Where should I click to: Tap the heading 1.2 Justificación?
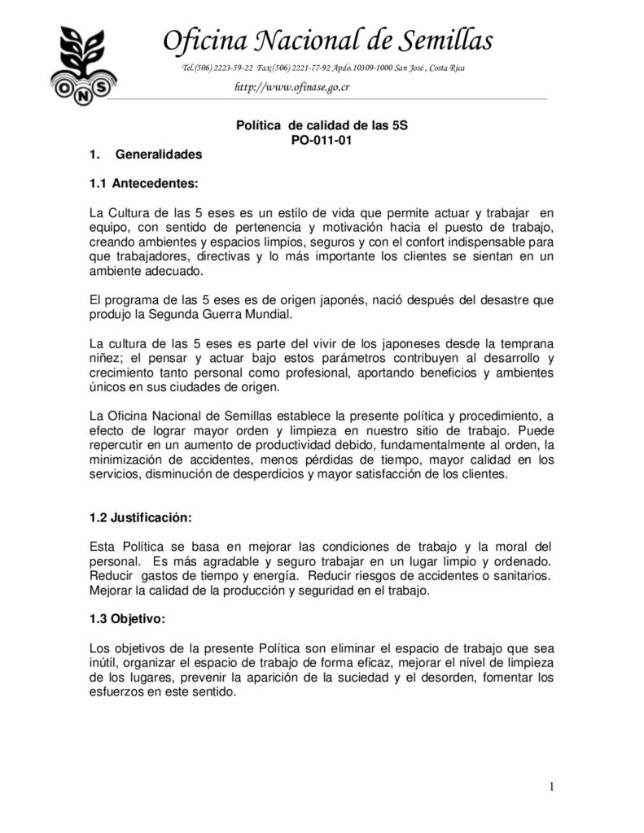point(140,517)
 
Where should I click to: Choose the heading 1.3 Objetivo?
point(127,619)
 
